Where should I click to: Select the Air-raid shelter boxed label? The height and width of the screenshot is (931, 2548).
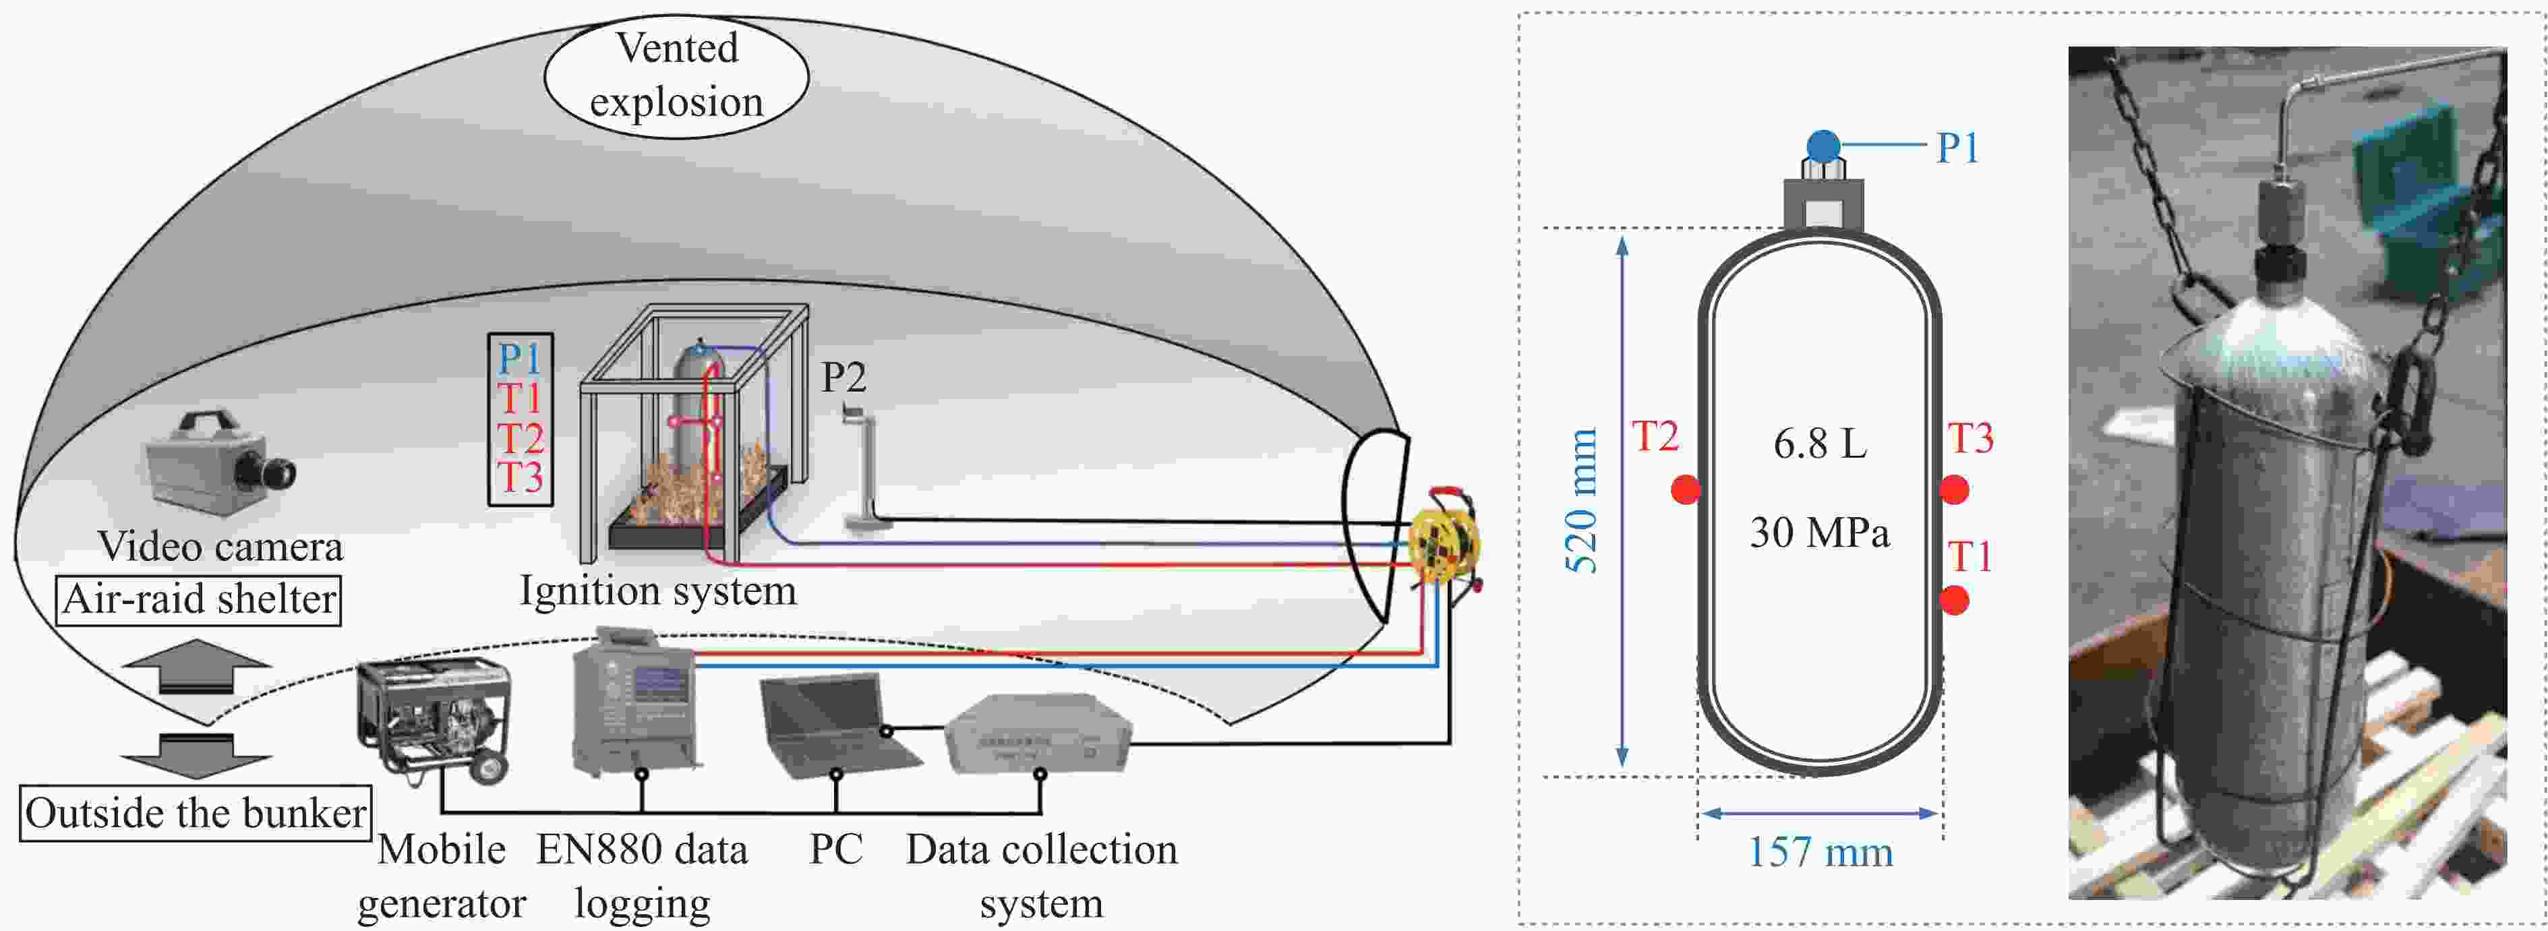tap(199, 599)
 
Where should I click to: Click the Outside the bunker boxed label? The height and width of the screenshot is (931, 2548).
tap(196, 813)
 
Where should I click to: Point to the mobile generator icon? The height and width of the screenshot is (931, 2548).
tap(435, 717)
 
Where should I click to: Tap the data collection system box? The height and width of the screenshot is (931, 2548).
tap(1036, 734)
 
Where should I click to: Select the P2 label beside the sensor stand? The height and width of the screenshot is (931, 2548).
tap(843, 377)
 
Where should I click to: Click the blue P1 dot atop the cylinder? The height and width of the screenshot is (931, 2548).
tap(1823, 146)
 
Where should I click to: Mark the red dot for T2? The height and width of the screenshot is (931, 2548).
tap(1686, 489)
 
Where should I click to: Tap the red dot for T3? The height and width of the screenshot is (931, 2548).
tap(1955, 489)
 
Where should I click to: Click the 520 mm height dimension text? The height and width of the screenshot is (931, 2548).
tap(1582, 501)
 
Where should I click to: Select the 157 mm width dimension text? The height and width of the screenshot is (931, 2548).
tap(1820, 853)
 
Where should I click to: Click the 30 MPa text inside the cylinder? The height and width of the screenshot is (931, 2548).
tap(1819, 533)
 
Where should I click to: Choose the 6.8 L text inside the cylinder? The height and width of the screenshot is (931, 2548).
tap(1820, 444)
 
